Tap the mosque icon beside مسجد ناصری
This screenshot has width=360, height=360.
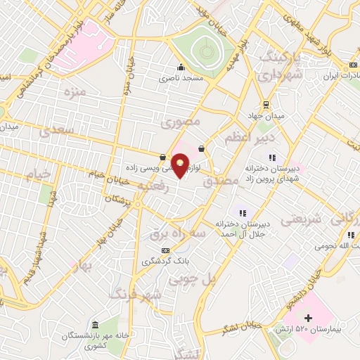point(181,67)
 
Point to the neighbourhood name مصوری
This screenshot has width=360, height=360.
point(181,122)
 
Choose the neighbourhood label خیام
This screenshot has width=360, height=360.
point(39,172)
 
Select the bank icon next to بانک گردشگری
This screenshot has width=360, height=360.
point(166,250)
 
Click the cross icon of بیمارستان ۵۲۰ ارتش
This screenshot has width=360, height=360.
point(307,318)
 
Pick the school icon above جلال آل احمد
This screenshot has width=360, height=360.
point(243,213)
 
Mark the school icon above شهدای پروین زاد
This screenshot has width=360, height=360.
point(272,157)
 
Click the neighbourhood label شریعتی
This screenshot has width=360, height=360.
point(300,219)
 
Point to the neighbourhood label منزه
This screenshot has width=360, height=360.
point(74,91)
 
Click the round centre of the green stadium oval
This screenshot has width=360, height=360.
point(205,51)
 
